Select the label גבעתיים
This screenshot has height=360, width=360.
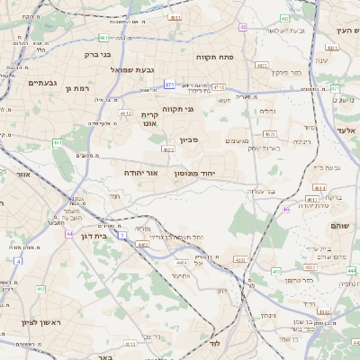pos(42,83)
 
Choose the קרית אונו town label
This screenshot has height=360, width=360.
pos(149,120)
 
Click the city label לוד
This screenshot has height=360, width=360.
pos(214,344)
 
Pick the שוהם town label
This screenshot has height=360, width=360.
pos(339,225)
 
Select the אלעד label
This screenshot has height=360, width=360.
pos(346,130)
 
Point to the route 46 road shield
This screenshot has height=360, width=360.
pos(286,209)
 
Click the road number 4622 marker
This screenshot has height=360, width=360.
pos(168,149)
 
